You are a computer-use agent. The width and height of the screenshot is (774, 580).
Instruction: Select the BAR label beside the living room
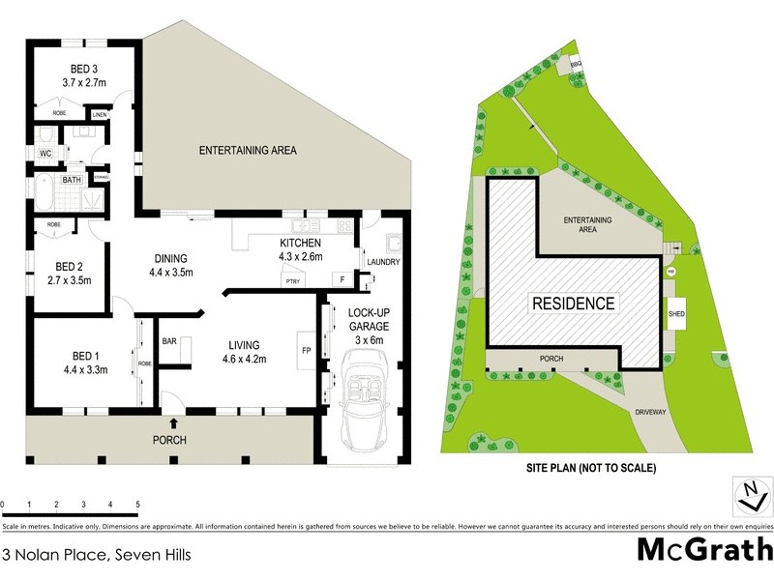coord(169,341)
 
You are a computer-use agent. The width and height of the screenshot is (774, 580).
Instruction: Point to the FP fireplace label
coord(306,350)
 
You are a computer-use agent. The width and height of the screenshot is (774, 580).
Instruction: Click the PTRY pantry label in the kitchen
coord(290,280)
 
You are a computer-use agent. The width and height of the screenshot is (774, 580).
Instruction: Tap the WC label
coord(45,153)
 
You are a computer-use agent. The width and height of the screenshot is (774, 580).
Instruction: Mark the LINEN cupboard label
coord(100,115)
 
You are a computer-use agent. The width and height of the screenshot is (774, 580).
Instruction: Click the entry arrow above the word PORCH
coord(174,421)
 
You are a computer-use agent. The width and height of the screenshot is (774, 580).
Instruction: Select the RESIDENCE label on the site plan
coord(573,303)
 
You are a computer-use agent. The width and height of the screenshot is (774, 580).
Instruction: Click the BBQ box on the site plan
coord(576,64)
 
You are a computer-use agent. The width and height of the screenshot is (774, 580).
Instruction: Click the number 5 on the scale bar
coord(138,505)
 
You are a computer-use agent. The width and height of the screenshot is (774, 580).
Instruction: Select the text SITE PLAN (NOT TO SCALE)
coord(590,468)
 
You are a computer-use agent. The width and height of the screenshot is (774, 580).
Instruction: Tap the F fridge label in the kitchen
coord(341,279)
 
